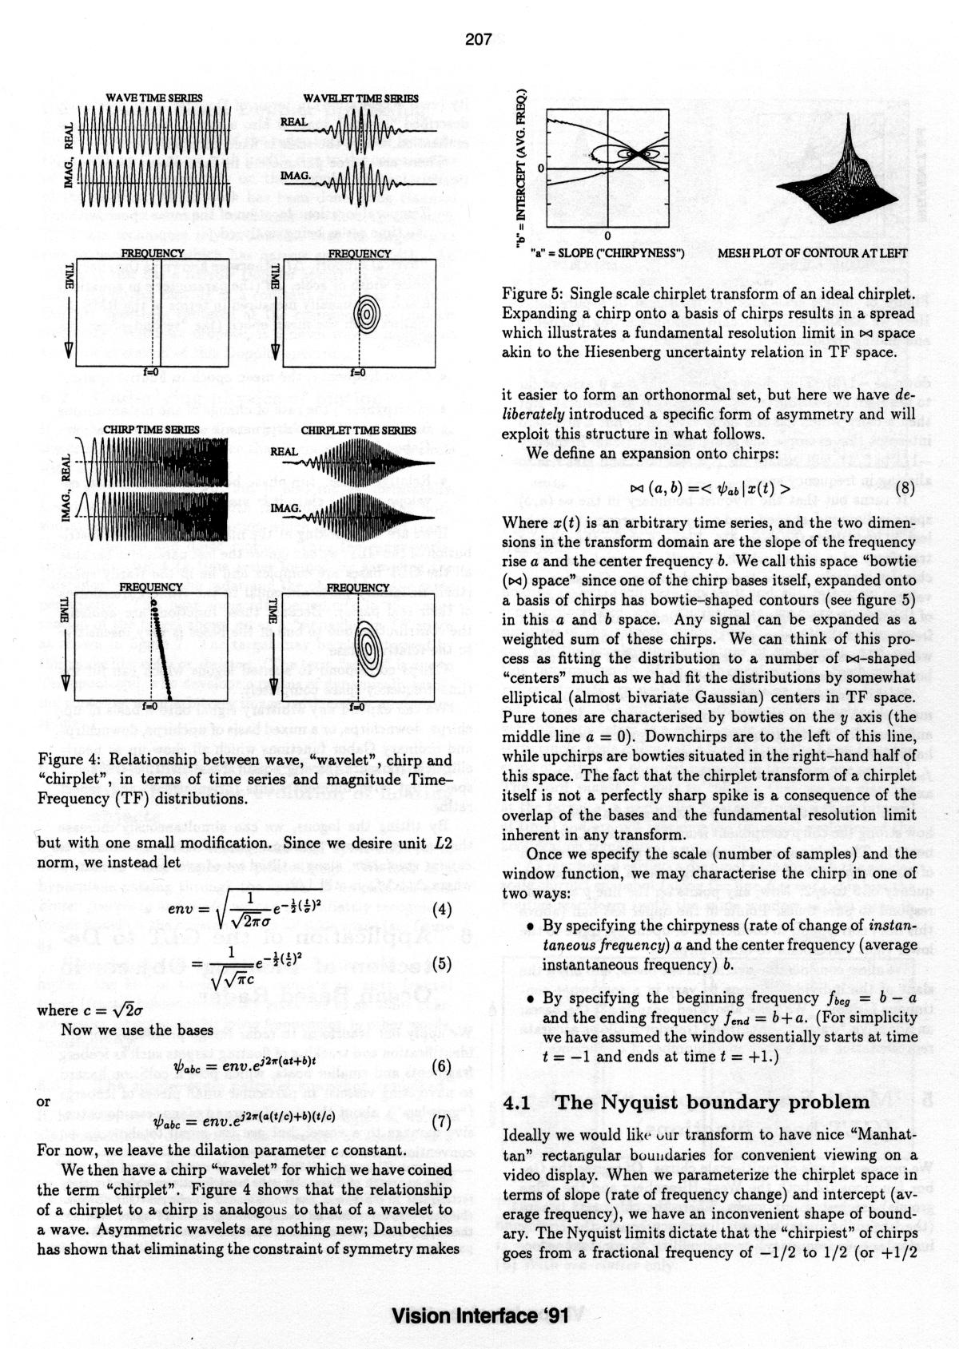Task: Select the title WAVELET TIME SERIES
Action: tap(360, 98)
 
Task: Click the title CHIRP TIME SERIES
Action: tap(151, 430)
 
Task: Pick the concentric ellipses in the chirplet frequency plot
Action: tap(368, 647)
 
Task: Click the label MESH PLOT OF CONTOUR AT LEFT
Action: tap(813, 253)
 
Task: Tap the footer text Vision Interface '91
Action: tap(479, 1315)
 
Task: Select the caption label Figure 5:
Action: tap(532, 294)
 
